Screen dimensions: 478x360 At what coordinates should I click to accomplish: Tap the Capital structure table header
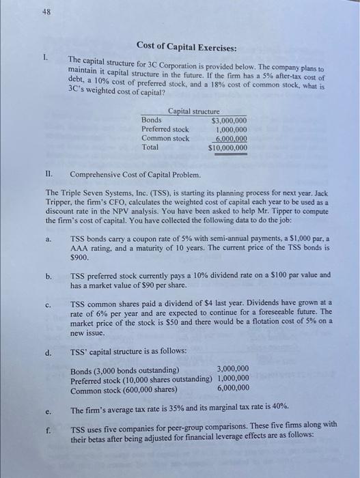pyautogui.click(x=193, y=111)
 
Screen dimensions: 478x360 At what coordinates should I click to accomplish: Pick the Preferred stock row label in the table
pyautogui.click(x=165, y=129)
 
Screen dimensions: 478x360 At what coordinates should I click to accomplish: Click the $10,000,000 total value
pyautogui.click(x=227, y=147)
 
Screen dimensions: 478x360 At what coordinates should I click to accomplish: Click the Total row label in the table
pyautogui.click(x=150, y=147)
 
